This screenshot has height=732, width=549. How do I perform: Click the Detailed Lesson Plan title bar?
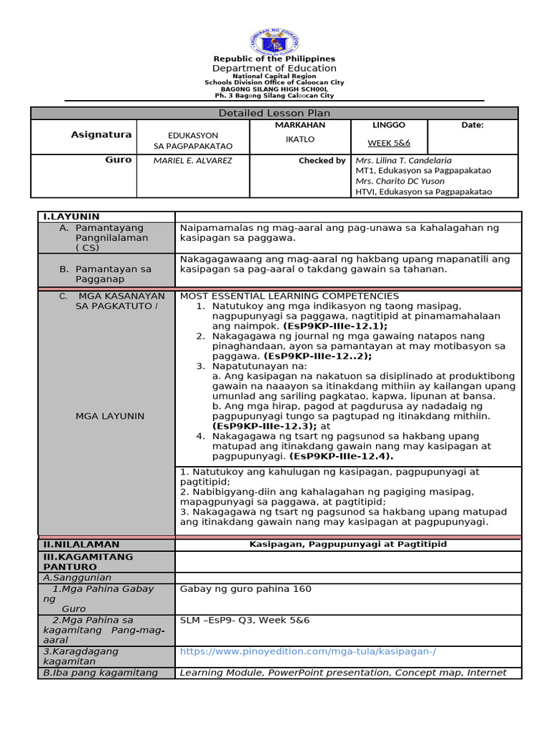(x=274, y=113)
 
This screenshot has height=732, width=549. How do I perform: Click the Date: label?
(x=472, y=125)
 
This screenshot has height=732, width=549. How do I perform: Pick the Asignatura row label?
(x=101, y=134)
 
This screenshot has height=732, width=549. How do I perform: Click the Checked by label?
(x=322, y=160)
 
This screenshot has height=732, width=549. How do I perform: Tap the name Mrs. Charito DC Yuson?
(x=400, y=181)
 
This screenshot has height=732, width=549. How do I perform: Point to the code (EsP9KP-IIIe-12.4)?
(x=342, y=455)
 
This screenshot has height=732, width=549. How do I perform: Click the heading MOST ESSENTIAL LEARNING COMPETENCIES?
(x=290, y=296)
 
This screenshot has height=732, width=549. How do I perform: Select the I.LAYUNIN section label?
(x=71, y=217)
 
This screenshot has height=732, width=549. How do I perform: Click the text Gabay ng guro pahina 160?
(x=246, y=589)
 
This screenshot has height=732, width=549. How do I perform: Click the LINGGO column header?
(x=389, y=125)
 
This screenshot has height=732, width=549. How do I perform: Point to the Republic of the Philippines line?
(x=274, y=59)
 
